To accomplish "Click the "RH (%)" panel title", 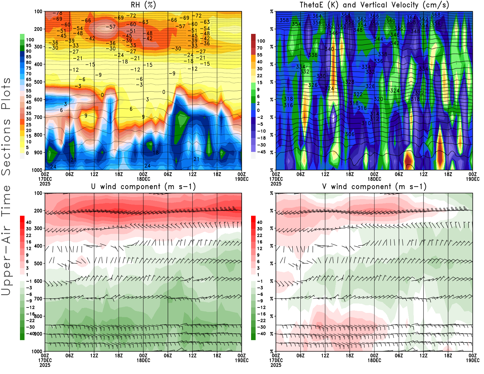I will pos(143,5).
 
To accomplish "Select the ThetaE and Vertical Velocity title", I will pos(374,5).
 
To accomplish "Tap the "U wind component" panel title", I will pos(143,187).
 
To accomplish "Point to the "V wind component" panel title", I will pos(374,187).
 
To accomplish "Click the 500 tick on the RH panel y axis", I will pos(38,82).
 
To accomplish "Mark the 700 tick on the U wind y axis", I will pos(38,299).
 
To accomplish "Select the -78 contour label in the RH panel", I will pos(57,13).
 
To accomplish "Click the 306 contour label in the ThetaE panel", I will pos(350,134).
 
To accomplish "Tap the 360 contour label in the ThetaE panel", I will pos(391,21).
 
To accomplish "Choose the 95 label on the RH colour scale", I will pos(29,45).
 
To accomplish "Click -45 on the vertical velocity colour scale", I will pos(261,152).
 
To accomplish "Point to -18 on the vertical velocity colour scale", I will pos(261,138).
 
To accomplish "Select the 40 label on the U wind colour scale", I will pos(29,222).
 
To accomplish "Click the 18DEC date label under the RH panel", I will pos(143,179).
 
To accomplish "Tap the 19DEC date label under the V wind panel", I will pos(473,360).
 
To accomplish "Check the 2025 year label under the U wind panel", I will pos(45,365).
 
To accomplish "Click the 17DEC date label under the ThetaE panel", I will pos(276,179).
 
